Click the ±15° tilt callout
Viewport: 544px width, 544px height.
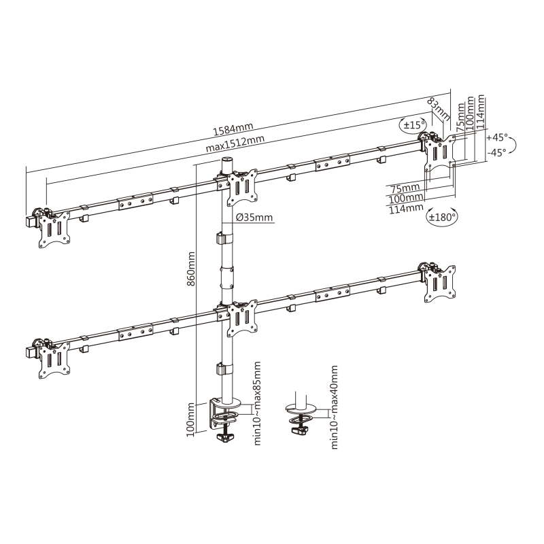413,124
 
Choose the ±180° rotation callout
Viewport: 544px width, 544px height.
442,217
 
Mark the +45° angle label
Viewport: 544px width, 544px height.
498,136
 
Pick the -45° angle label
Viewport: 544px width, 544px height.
497,153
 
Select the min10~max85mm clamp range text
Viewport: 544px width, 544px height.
258,404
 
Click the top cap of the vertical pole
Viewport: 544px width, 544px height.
226,160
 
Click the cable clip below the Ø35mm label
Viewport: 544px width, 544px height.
221,240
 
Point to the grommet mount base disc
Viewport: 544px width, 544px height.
297,409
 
